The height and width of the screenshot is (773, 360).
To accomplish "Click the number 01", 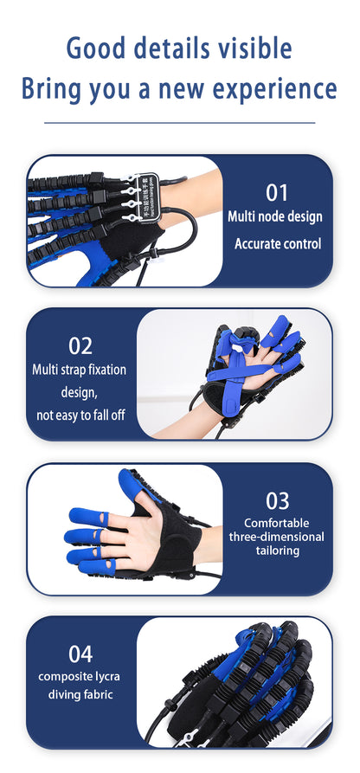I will (x=276, y=192).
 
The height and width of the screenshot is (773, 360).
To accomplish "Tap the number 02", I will (x=80, y=345).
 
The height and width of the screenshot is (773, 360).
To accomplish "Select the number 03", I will (x=277, y=499).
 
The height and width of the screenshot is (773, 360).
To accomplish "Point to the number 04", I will (x=80, y=654).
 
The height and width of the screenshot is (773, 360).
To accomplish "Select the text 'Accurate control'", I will (x=277, y=244).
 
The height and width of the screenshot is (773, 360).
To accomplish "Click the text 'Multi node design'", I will (x=274, y=216).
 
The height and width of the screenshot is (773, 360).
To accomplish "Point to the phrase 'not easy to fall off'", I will (x=80, y=415).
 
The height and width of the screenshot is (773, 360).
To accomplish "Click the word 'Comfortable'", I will (x=277, y=523).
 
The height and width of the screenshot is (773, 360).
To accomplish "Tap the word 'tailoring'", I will (x=277, y=551).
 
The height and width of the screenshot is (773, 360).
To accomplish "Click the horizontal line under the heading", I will (x=180, y=123).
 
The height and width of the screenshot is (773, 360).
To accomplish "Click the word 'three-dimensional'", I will (x=277, y=537).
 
